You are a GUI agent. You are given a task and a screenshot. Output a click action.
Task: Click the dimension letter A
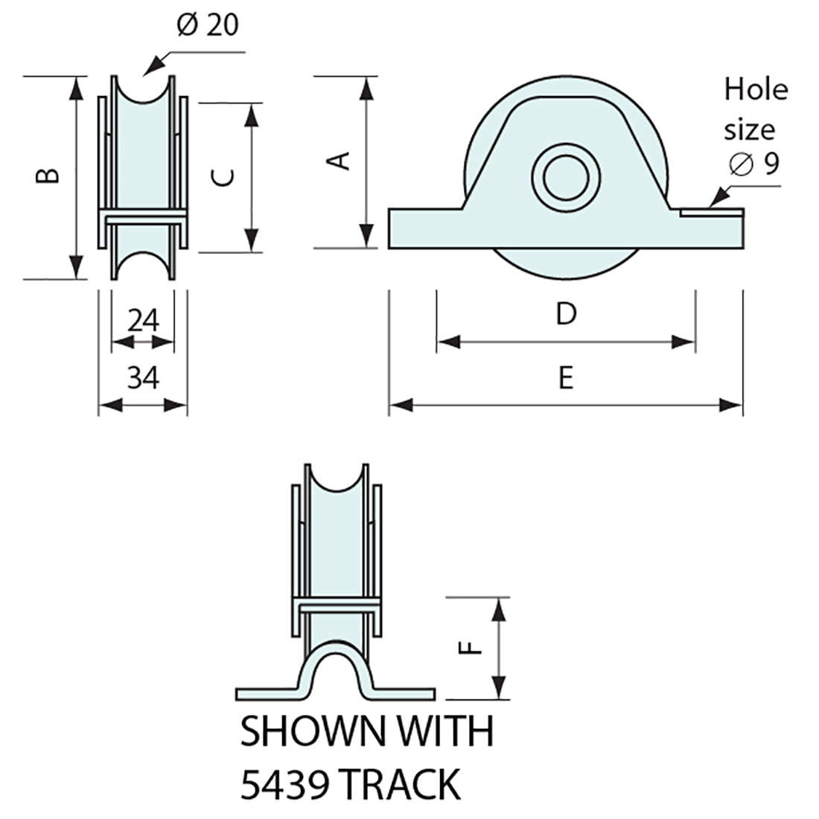(340, 160)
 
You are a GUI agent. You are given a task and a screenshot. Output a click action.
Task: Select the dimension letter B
(48, 175)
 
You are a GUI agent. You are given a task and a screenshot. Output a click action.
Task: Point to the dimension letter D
(566, 314)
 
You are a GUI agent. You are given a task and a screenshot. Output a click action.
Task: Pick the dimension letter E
(566, 378)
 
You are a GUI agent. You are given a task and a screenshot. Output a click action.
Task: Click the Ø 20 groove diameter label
(208, 26)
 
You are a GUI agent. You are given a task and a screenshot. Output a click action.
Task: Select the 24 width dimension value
(143, 321)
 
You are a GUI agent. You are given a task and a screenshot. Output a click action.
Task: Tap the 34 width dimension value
(143, 378)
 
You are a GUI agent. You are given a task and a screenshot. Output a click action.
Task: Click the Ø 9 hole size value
(754, 163)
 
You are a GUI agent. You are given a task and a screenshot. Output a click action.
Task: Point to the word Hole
(756, 89)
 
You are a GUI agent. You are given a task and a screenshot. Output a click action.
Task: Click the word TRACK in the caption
(403, 784)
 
